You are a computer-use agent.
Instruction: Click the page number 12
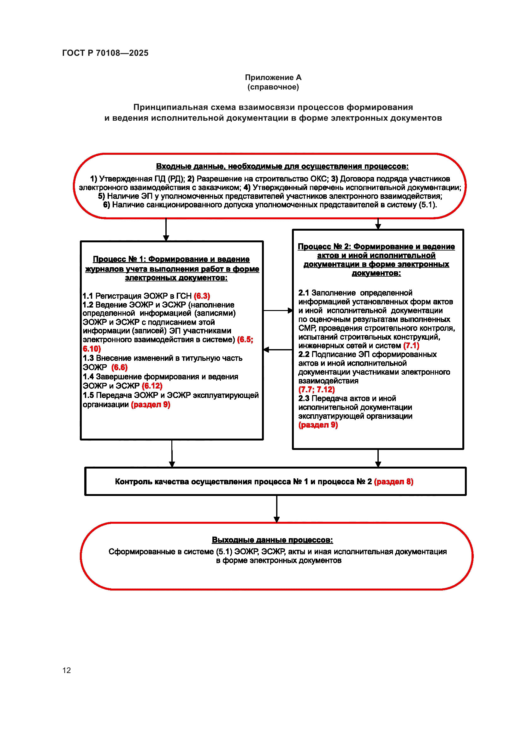(x=67, y=670)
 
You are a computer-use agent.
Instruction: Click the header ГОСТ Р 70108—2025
(x=105, y=53)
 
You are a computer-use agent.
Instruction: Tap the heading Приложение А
(x=273, y=78)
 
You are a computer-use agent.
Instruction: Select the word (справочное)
(x=273, y=87)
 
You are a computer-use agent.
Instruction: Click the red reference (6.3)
(x=202, y=296)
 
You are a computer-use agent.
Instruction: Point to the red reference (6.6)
(x=119, y=367)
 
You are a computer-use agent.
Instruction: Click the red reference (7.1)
(x=411, y=346)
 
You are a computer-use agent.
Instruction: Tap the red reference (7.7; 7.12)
(x=316, y=390)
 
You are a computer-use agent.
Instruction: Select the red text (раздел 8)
(x=394, y=481)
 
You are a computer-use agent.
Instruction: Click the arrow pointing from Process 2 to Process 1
(x=278, y=349)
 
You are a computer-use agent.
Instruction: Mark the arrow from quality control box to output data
(x=276, y=509)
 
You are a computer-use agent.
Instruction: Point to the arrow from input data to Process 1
(x=166, y=229)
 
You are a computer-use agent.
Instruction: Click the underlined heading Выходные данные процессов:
(x=272, y=540)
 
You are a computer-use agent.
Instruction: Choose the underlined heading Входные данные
(x=282, y=166)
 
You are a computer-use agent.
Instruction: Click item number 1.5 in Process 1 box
(x=88, y=395)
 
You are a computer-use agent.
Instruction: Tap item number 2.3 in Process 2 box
(x=303, y=398)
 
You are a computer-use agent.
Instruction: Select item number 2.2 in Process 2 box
(x=303, y=354)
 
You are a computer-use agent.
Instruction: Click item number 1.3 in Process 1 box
(x=88, y=358)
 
